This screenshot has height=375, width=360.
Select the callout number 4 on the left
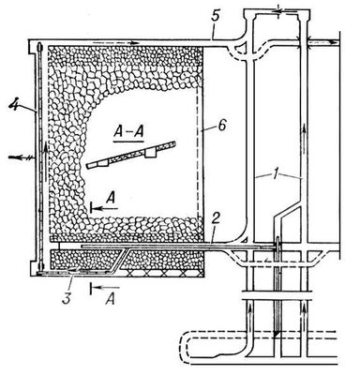click(x=13, y=104)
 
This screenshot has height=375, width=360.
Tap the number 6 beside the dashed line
click(x=224, y=127)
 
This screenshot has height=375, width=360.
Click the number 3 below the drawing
click(x=67, y=297)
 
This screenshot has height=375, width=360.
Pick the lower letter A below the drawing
click(x=110, y=300)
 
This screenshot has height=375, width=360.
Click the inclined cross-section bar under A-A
click(x=131, y=155)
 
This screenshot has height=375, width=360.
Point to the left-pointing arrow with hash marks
click(x=22, y=158)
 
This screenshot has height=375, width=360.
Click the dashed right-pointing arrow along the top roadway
click(x=115, y=42)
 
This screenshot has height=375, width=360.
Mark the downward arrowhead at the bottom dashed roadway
click(x=276, y=335)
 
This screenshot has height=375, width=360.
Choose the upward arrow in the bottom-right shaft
click(x=304, y=317)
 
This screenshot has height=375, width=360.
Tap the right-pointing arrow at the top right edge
click(x=322, y=41)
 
